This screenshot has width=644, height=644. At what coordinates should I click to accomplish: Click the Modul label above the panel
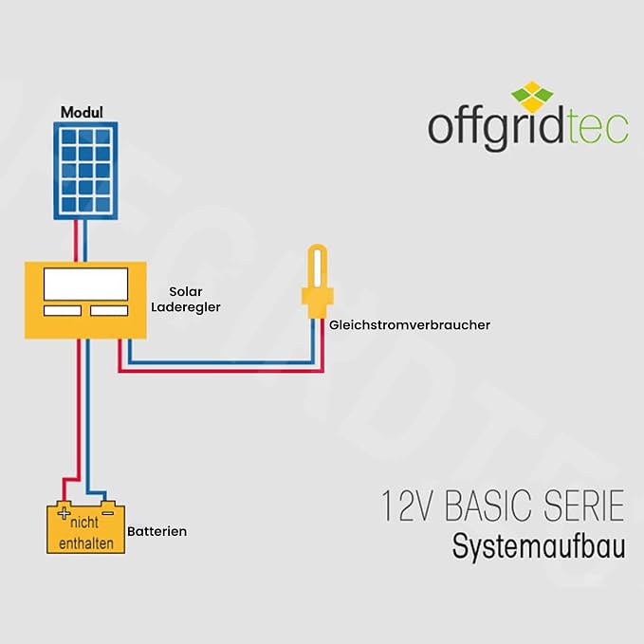(x=82, y=112)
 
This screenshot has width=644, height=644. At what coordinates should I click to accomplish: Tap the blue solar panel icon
(x=85, y=171)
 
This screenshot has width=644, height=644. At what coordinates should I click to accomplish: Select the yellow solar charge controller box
(x=85, y=301)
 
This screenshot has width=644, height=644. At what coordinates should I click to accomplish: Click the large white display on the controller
(x=86, y=285)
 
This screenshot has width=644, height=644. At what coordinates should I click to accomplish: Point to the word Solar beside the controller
(x=186, y=291)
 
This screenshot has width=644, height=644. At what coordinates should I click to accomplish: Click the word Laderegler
(x=186, y=307)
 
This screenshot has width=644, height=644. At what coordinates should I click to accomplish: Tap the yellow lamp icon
(x=318, y=282)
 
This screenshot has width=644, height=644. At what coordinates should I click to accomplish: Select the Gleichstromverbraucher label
(x=410, y=325)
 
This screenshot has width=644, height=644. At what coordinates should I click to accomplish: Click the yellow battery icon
(x=85, y=527)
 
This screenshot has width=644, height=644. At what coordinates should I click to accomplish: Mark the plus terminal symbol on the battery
(x=64, y=513)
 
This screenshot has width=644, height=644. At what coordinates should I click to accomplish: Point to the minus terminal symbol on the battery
(x=107, y=513)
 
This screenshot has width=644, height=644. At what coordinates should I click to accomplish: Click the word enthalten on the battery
(x=86, y=543)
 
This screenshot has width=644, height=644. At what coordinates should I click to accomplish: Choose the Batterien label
(x=156, y=531)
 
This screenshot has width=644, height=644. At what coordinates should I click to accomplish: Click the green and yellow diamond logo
(x=532, y=97)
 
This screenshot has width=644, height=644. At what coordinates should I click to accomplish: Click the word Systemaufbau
(x=539, y=546)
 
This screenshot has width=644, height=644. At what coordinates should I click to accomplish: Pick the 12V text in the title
(x=408, y=506)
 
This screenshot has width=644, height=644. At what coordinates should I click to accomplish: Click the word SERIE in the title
(x=584, y=506)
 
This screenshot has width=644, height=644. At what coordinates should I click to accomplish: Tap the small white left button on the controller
(x=63, y=310)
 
